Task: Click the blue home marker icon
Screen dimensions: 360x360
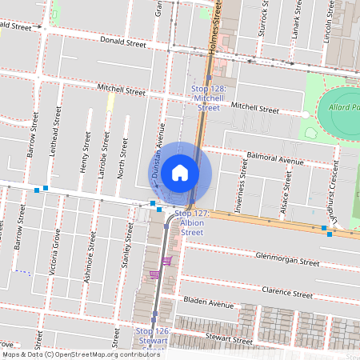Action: [180, 173]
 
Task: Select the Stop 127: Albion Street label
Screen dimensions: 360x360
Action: [192, 223]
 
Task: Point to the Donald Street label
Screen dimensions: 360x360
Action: [122, 43]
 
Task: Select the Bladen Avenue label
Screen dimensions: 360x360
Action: [208, 304]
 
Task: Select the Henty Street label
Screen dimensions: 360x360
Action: [85, 153]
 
